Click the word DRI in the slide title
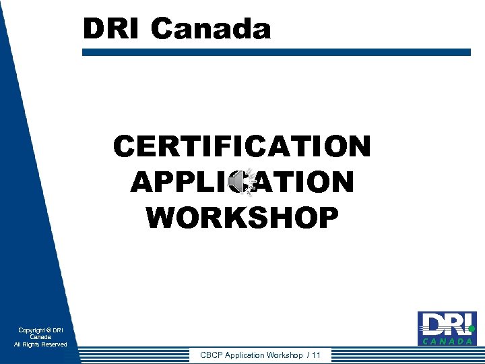coord(112,29)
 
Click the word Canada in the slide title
coord(211,29)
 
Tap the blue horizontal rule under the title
coord(276,51)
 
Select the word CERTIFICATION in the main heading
coord(242,146)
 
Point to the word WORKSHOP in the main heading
coord(242,217)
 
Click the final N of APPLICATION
coord(341,182)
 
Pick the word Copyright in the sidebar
coord(32,330)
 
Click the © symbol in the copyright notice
coord(49,330)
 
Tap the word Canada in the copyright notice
coord(40,337)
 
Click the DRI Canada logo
coord(447,328)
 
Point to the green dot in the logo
coord(472,329)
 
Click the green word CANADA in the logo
coord(447,341)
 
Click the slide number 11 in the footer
coord(316,355)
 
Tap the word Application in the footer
coord(245,355)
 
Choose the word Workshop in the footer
coord(284,355)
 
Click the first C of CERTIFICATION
coord(124,146)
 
